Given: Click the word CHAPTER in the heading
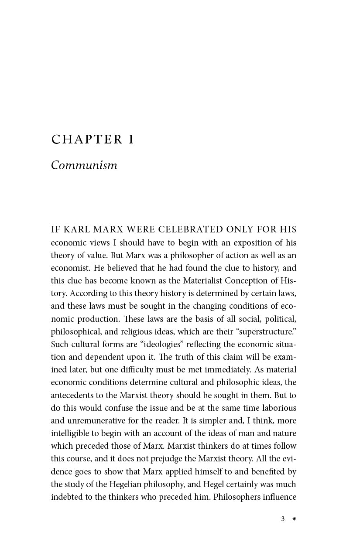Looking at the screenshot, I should (x=87, y=140).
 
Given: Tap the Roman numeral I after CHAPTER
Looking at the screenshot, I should (x=130, y=140).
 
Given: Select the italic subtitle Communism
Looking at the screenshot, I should (x=84, y=166).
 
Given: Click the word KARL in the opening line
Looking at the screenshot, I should (x=81, y=230).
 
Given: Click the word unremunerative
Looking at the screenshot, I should (x=99, y=420).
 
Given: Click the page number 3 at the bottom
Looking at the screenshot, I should (x=283, y=519).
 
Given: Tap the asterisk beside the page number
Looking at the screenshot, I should (x=294, y=519).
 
